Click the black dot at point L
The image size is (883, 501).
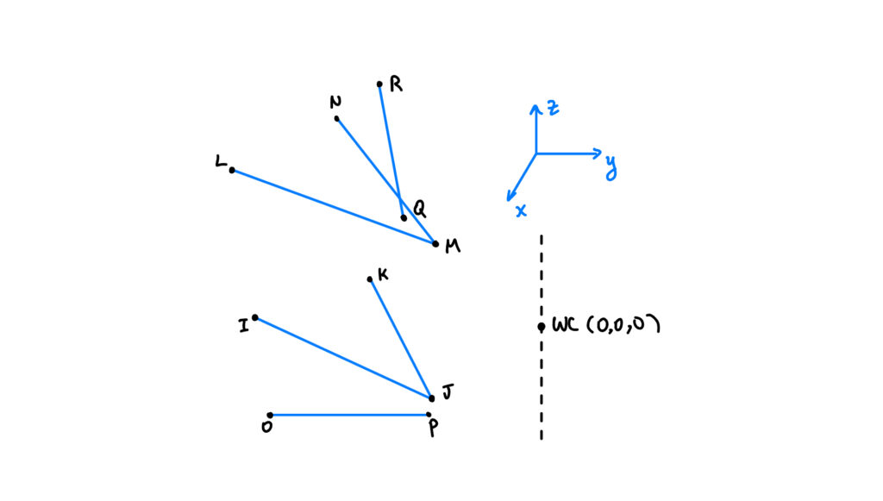[232, 170]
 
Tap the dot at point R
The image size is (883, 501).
[379, 85]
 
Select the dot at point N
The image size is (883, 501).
[336, 118]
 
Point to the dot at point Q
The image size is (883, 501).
[404, 217]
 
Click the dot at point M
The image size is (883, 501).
[435, 244]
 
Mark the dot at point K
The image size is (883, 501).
[370, 279]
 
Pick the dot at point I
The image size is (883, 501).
[254, 317]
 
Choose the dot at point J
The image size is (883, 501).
[432, 398]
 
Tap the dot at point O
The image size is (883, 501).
[270, 415]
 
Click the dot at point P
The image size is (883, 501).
[429, 415]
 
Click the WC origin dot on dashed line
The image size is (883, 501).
[541, 327]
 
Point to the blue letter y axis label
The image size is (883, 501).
[611, 165]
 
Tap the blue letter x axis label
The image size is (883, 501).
[521, 210]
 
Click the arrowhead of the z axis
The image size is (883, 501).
[535, 106]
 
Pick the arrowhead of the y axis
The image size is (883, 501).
[598, 153]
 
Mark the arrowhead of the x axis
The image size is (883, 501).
[510, 198]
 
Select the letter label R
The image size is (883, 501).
[396, 85]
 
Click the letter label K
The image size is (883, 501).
[383, 274]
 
